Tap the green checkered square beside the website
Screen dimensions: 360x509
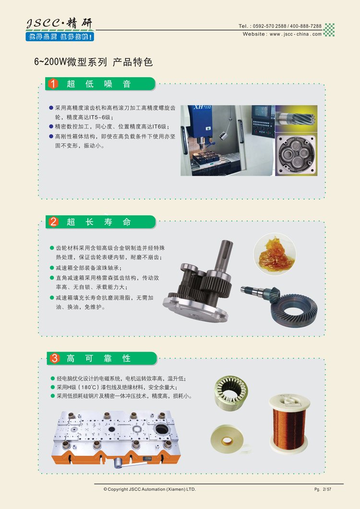[329, 30]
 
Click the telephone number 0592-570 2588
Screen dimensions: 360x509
[270, 26]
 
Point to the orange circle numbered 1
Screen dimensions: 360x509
[53, 84]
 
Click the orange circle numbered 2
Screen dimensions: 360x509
[53, 222]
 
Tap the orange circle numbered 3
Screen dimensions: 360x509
[55, 358]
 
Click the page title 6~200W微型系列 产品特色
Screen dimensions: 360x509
[93, 62]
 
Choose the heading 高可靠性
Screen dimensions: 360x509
[98, 358]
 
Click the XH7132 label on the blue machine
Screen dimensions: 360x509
[202, 107]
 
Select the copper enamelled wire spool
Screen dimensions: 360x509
[289, 423]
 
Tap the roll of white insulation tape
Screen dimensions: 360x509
[227, 439]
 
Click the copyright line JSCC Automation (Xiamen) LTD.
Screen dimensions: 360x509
[150, 489]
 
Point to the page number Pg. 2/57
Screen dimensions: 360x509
[323, 489]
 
